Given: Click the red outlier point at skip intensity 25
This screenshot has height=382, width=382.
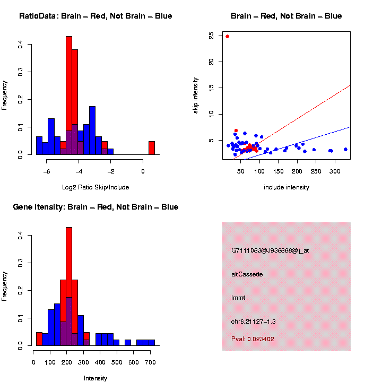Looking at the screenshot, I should tap(228, 37).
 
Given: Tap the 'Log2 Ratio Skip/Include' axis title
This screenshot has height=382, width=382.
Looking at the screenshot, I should tap(95, 187).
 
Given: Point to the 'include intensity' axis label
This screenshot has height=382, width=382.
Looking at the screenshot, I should tap(286, 187).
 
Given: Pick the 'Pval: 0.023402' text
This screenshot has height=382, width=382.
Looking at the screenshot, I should tap(253, 338).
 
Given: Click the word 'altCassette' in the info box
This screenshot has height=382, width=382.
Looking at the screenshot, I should tap(247, 274).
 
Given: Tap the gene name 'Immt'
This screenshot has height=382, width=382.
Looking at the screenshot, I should tap(238, 298).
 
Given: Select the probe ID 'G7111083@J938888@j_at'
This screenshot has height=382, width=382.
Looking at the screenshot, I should tap(270, 250).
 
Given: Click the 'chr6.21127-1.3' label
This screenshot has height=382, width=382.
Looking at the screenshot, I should tap(254, 322).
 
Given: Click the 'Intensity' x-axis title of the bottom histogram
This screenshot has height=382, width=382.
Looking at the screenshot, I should tap(95, 378).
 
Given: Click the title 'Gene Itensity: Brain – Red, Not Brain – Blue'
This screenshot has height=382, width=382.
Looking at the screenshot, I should tap(95, 207).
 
